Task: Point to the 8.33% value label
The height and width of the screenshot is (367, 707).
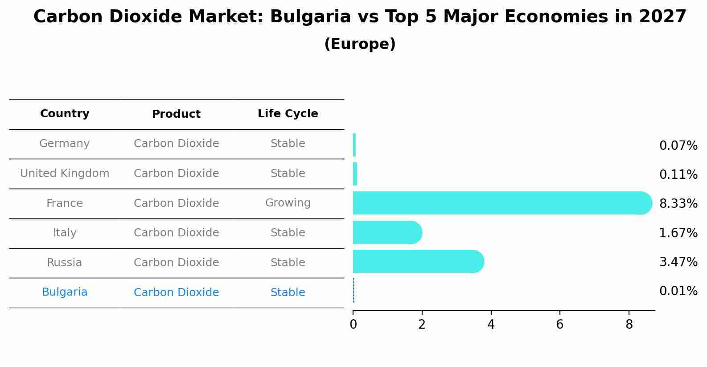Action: coord(678,204)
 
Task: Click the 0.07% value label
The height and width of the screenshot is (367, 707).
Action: coord(678,146)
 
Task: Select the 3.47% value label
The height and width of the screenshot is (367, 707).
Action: coord(678,262)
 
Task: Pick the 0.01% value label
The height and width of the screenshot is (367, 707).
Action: coord(678,291)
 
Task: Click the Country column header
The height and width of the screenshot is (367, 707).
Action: coord(65,114)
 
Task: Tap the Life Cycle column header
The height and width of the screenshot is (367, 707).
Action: coord(288,114)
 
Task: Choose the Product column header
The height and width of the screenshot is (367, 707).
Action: coord(176,114)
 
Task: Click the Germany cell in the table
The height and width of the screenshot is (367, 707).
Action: coord(65,144)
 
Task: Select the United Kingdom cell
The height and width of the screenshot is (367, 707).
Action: coord(65,173)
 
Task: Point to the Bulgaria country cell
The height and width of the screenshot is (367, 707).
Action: coord(65,292)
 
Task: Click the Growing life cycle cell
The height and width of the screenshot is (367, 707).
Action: coord(288,203)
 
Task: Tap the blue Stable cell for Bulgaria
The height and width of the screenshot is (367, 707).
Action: coord(288,293)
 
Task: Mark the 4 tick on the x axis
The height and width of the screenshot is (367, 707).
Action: coord(491,325)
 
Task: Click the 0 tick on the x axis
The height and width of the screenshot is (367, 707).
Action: coord(353,325)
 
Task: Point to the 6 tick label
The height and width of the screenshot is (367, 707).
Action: coord(560,325)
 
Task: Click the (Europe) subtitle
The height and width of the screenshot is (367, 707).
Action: coord(360,44)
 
